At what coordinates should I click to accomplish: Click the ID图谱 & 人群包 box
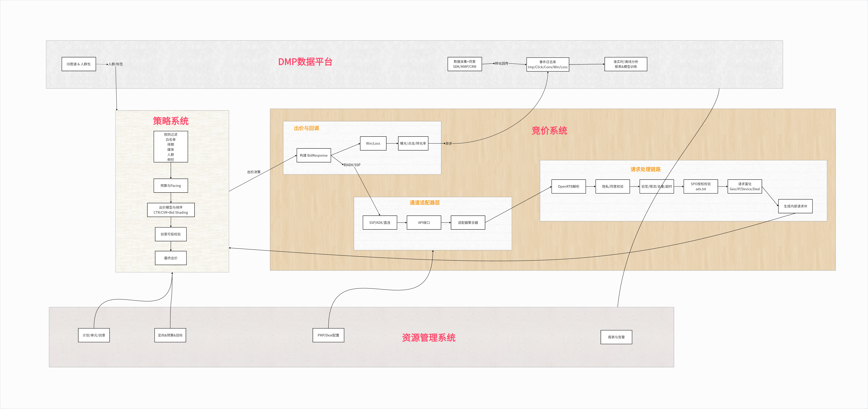click(x=79, y=64)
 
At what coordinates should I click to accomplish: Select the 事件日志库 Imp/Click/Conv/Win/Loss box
click(x=548, y=64)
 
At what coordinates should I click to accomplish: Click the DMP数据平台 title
click(x=305, y=62)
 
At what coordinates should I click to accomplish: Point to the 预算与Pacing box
click(x=171, y=186)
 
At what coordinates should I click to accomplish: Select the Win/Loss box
click(x=373, y=143)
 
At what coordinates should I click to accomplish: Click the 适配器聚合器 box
click(x=468, y=223)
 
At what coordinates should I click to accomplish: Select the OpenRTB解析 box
click(x=569, y=186)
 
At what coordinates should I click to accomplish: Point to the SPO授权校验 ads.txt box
click(x=701, y=186)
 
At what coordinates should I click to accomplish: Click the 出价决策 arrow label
click(x=254, y=172)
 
